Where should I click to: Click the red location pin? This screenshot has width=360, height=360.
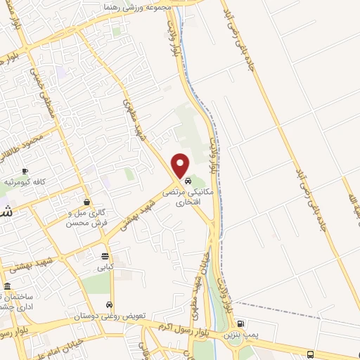(181, 165)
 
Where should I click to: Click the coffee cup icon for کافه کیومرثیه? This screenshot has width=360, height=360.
(25, 172)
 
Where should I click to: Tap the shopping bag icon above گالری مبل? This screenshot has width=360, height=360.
(86, 202)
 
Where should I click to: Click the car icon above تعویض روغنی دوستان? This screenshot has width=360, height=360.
(110, 305)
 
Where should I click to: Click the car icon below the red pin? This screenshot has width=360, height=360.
(187, 181)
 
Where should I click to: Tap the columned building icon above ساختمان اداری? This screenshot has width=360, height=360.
(8, 287)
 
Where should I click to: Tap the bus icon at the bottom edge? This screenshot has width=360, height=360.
(311, 354)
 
